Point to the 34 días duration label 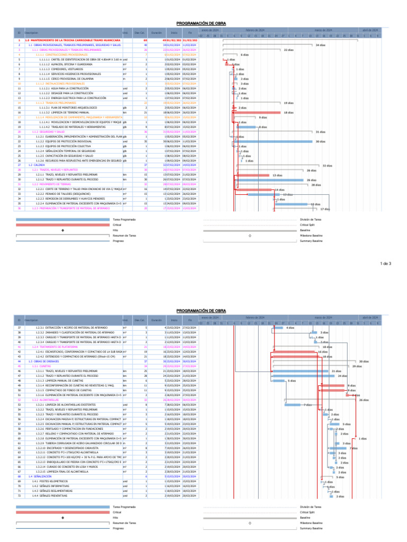point(320,45)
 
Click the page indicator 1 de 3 point(386,263)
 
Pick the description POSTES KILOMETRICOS point(50,481)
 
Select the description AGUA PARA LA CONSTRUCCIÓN point(64,88)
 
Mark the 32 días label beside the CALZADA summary point(328,165)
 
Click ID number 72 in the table point(19,496)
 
